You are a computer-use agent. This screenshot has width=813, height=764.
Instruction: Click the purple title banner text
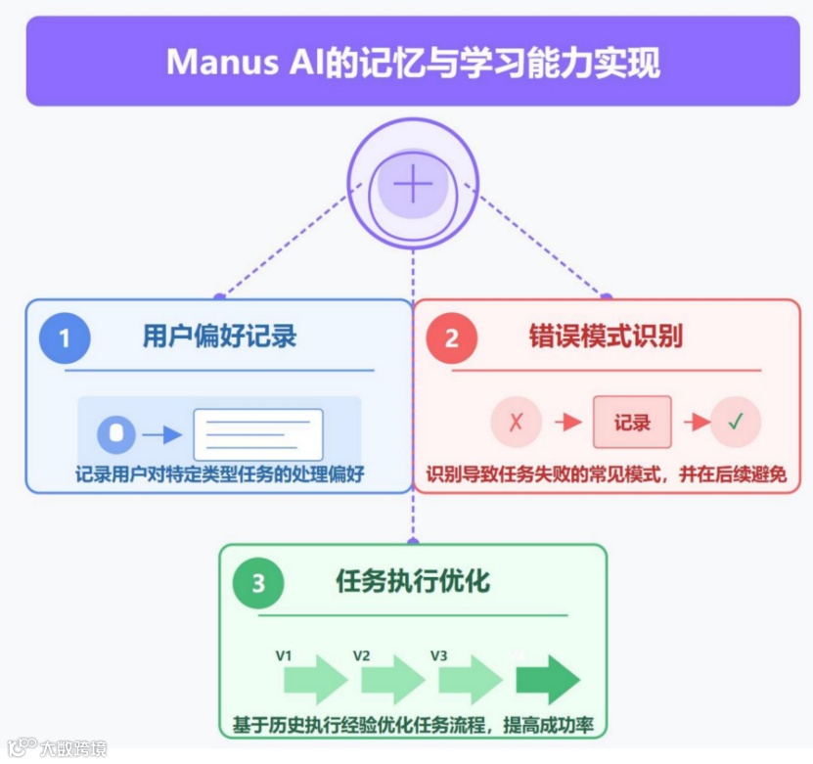click(x=413, y=62)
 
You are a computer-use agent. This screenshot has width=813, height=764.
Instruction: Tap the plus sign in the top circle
click(x=413, y=184)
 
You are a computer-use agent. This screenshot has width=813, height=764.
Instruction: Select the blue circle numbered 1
click(x=65, y=338)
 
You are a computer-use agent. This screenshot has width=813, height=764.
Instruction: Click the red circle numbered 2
click(x=451, y=338)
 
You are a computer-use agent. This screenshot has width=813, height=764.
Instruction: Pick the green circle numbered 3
click(x=258, y=584)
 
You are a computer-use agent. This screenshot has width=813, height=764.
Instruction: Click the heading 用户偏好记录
click(x=219, y=337)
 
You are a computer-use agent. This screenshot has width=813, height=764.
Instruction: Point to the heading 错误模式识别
click(x=606, y=337)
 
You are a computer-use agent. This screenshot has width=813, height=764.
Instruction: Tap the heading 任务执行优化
click(x=412, y=582)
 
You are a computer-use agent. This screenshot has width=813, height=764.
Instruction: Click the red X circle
click(x=516, y=423)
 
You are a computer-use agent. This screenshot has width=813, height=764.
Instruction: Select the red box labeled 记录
click(x=632, y=423)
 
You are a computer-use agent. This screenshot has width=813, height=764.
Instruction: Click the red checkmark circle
click(x=736, y=423)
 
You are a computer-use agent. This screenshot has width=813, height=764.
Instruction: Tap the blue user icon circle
click(x=116, y=433)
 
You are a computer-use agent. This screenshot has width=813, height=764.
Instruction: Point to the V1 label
click(x=284, y=654)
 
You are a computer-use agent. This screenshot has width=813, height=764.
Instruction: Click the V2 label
click(x=361, y=654)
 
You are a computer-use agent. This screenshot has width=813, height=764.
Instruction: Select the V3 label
click(x=438, y=654)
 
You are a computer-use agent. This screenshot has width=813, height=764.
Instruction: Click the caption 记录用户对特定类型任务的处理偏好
click(x=219, y=476)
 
